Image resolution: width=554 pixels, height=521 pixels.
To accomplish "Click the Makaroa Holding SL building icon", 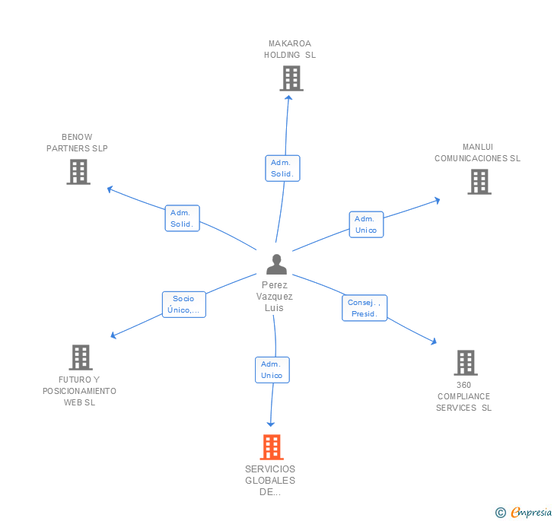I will tap(291, 78).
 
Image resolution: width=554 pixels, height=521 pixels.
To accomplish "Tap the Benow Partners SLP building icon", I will tap(78, 172).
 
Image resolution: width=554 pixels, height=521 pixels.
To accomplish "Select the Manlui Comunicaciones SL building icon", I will tap(479, 182).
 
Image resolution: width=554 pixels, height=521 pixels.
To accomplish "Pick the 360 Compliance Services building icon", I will tap(466, 363).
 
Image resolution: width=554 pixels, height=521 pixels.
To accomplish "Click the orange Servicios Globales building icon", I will tap(272, 447).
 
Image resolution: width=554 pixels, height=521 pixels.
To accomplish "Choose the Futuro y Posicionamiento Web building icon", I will tap(80, 357).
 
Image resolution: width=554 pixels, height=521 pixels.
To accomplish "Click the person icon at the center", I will tap(276, 264).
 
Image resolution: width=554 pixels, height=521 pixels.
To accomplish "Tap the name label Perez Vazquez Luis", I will tap(274, 297).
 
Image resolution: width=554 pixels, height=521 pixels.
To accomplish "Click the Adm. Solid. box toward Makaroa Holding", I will tap(282, 168).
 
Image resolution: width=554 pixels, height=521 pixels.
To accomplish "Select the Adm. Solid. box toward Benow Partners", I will tap(182, 218).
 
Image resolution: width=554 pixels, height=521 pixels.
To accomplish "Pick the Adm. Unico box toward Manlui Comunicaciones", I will tap(366, 224).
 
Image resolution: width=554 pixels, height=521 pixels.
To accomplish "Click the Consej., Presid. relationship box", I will tap(365, 308).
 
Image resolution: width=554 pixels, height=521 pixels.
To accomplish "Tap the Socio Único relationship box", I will tap(183, 304).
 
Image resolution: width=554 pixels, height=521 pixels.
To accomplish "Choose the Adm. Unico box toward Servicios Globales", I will tap(272, 370).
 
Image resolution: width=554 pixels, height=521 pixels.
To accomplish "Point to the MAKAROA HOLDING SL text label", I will tap(290, 49).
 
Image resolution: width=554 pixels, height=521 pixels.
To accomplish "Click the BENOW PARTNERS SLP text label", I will tap(77, 143).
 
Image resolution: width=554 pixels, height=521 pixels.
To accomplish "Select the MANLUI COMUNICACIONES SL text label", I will tap(478, 153).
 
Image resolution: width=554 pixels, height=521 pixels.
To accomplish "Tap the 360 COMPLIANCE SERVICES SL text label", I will tap(464, 396).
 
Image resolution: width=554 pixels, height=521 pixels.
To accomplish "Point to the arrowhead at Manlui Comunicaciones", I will tap(437, 200).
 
